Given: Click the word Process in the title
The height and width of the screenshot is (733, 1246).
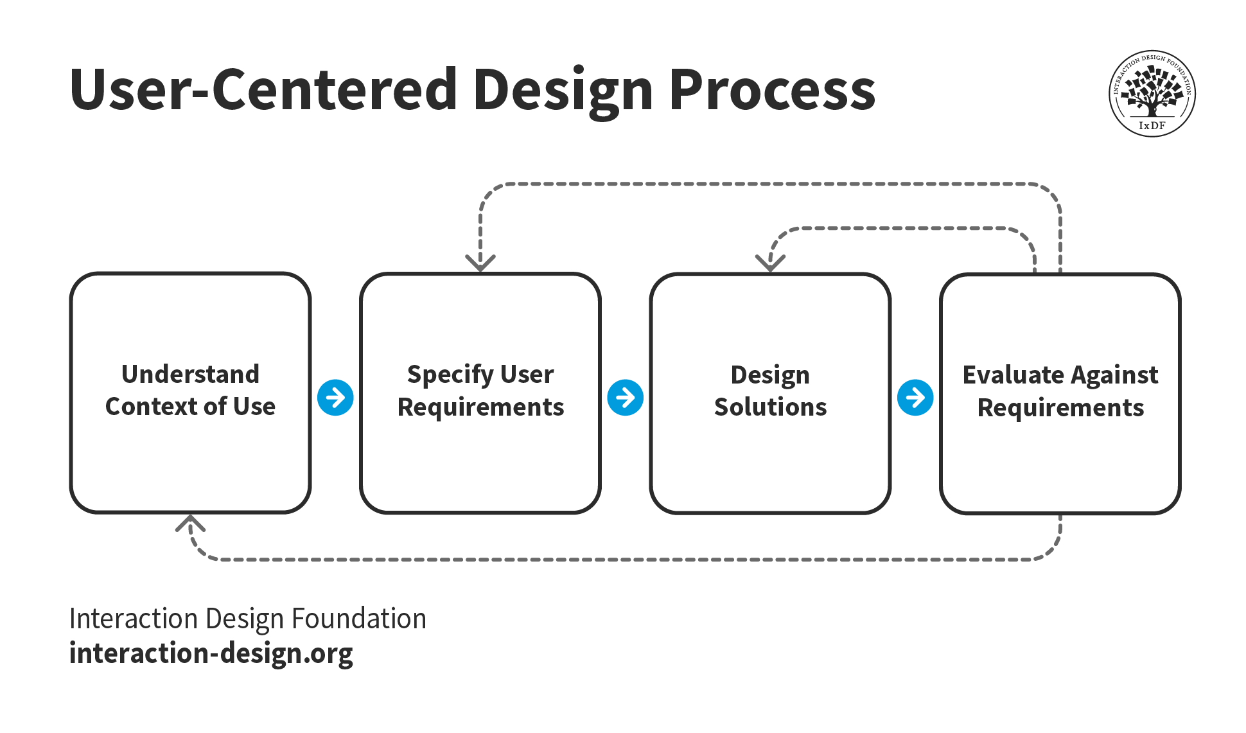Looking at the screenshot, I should point(772,90).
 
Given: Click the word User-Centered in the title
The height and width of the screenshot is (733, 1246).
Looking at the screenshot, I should point(263,90).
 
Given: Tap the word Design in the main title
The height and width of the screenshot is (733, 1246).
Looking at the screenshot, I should point(563,90).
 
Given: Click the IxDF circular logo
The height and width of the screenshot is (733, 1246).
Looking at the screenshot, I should point(1152,94).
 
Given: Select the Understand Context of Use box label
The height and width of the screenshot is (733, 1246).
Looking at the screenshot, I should point(190,391).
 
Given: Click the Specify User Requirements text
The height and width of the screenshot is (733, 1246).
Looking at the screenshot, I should point(480,391).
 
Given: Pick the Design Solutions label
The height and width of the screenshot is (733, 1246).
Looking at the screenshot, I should point(770,391).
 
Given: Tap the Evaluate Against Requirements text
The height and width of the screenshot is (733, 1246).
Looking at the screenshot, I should point(1060,391).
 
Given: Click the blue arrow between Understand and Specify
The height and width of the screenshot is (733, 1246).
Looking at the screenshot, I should point(335,398).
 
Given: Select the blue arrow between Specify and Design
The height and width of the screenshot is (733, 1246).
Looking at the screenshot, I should point(625,398).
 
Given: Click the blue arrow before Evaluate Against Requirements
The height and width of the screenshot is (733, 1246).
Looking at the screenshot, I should point(915,398).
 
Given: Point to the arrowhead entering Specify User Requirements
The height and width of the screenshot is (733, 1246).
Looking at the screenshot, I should point(480,263).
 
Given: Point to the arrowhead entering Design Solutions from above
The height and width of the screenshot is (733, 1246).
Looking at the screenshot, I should point(770,263).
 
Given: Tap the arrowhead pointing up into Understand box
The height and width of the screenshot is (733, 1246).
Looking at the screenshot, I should point(190,523).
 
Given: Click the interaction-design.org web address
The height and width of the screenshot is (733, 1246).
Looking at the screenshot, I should point(211,653).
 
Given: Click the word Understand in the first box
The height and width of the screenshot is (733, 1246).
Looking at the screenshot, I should point(190,374).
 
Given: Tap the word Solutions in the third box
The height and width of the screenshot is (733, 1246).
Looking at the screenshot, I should point(770,407).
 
